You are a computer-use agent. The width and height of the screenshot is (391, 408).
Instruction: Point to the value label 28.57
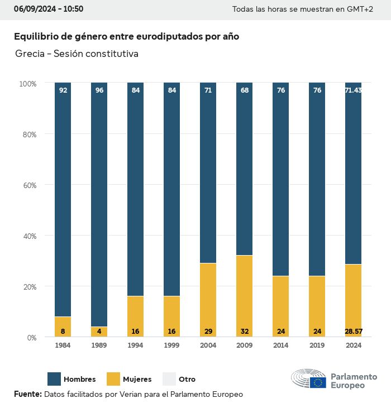(353, 332)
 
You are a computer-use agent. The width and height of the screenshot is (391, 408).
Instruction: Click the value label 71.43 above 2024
(353, 90)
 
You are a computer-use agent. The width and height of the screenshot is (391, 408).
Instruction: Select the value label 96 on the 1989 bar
(99, 90)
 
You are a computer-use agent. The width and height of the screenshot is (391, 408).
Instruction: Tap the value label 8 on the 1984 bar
(63, 332)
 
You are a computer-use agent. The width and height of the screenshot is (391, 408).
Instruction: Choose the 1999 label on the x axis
(171, 345)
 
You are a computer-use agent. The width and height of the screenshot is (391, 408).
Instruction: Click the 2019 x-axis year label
(317, 345)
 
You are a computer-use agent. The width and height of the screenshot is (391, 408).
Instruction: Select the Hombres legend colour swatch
(54, 379)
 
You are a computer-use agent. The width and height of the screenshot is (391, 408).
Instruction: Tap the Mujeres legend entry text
(137, 380)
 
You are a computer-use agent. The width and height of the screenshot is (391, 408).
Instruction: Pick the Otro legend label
(187, 380)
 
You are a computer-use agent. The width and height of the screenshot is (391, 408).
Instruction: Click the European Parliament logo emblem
(308, 379)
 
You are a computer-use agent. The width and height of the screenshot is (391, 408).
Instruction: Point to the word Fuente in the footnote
(27, 394)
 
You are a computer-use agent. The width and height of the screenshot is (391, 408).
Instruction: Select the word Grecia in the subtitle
(30, 54)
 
